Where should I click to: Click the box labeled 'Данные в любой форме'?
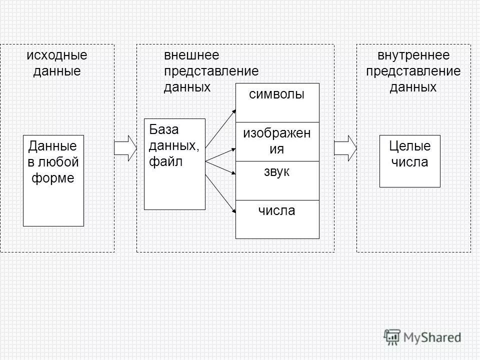[53, 180]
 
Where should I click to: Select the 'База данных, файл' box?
[174, 164]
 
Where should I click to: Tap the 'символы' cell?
[277, 102]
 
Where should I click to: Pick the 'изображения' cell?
[277, 141]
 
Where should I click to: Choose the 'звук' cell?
[277, 180]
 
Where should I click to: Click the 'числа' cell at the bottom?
[277, 219]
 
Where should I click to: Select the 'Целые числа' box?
[409, 161]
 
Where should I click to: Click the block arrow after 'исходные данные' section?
[125, 148]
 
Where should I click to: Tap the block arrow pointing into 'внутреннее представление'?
[345, 148]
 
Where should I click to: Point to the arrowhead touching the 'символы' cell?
[233, 110]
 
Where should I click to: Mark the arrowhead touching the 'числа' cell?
[233, 212]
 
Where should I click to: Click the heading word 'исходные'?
[57, 55]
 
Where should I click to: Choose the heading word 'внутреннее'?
[413, 55]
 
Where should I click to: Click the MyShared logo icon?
[393, 337]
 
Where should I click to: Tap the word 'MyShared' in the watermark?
[432, 337]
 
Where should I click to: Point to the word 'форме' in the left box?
[53, 178]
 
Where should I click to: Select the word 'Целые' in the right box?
[409, 146]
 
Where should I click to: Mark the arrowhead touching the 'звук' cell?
[233, 173]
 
